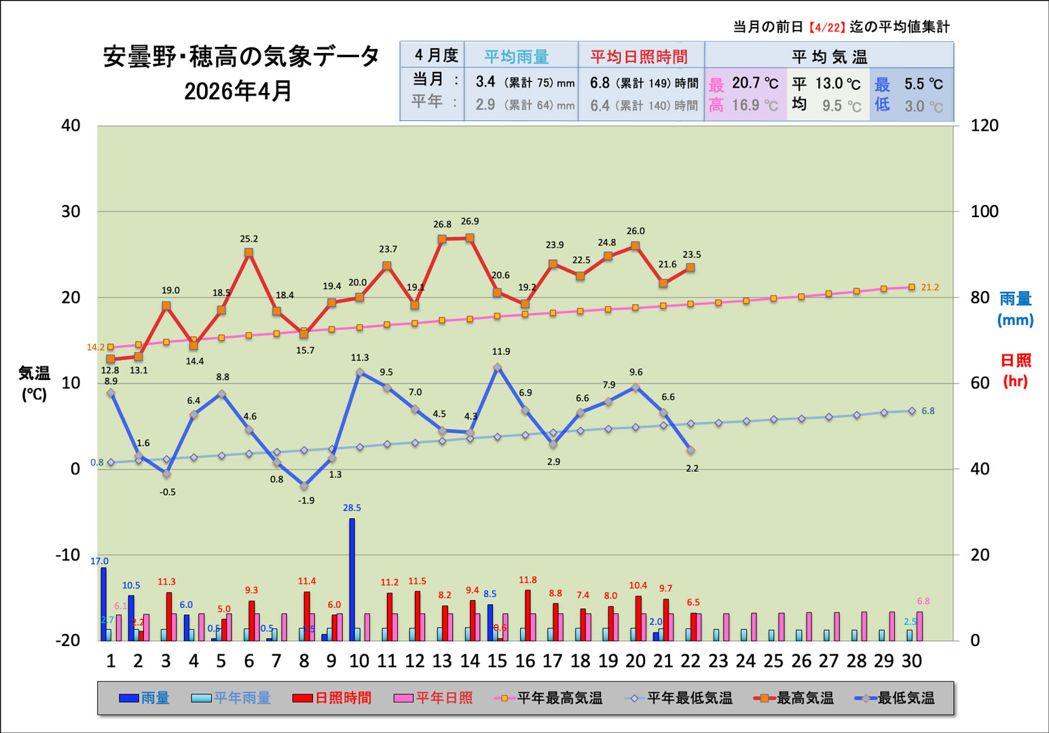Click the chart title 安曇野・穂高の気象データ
241,57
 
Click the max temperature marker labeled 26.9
470,238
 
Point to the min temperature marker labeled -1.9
304,486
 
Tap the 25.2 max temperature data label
249,239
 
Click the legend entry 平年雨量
231,698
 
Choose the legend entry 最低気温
895,698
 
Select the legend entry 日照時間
332,698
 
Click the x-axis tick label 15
497,661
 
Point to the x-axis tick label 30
911,661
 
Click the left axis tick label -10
68,555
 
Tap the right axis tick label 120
984,126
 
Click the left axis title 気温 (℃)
34,383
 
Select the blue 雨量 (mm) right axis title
1015,309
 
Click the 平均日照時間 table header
639,57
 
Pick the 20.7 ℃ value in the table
754,83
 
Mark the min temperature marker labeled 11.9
498,368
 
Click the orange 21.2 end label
930,288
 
